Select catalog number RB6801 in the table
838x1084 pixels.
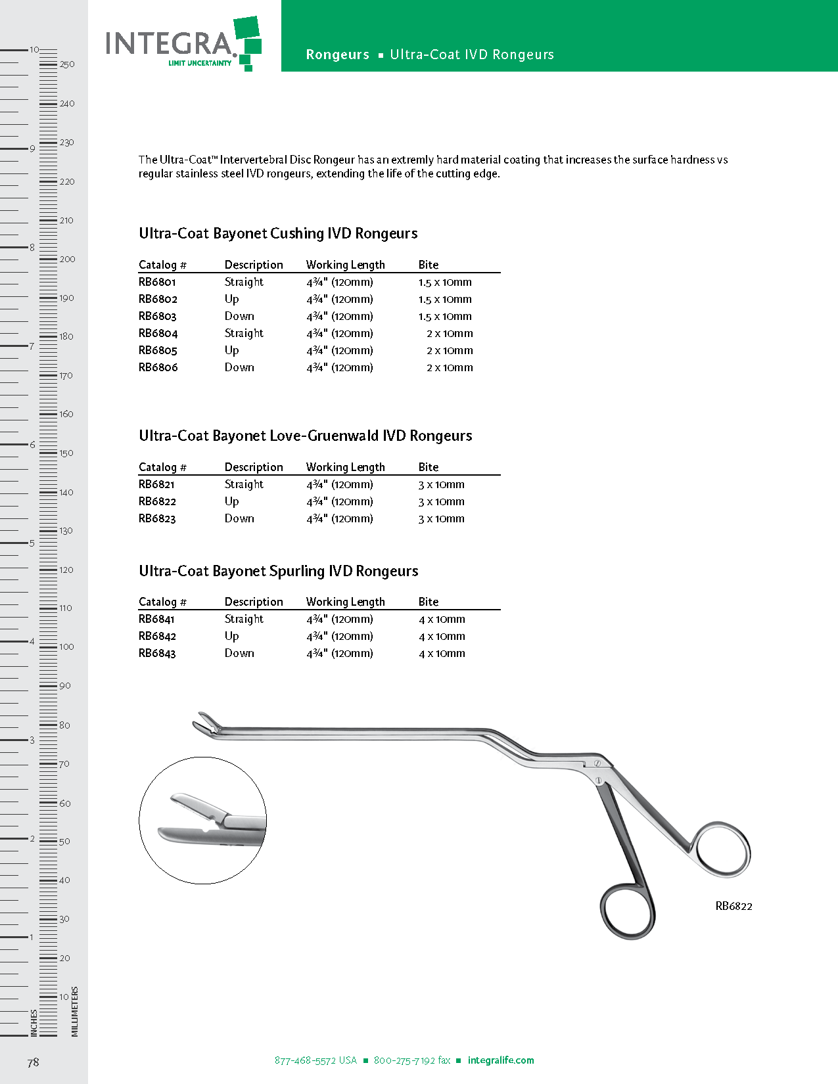coord(157,282)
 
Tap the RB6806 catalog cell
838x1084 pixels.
coord(158,368)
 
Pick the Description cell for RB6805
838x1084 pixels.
coord(231,351)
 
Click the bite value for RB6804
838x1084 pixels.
coord(450,334)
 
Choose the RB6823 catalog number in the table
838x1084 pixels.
coord(157,519)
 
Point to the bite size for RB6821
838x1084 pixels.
coord(441,485)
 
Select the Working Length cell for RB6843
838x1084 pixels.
coord(339,654)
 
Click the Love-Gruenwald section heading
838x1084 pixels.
coord(305,436)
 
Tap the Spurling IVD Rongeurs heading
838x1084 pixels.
coord(278,572)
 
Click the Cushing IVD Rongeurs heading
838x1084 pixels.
coord(278,234)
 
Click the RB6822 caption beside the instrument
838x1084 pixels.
coord(733,907)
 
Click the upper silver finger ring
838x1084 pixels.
coord(722,849)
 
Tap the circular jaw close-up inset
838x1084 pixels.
coord(202,820)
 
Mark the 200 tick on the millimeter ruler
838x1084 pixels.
coord(66,260)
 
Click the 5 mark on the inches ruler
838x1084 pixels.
coord(31,543)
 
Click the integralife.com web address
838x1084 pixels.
coord(501,1060)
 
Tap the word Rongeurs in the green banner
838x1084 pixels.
coord(337,55)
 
